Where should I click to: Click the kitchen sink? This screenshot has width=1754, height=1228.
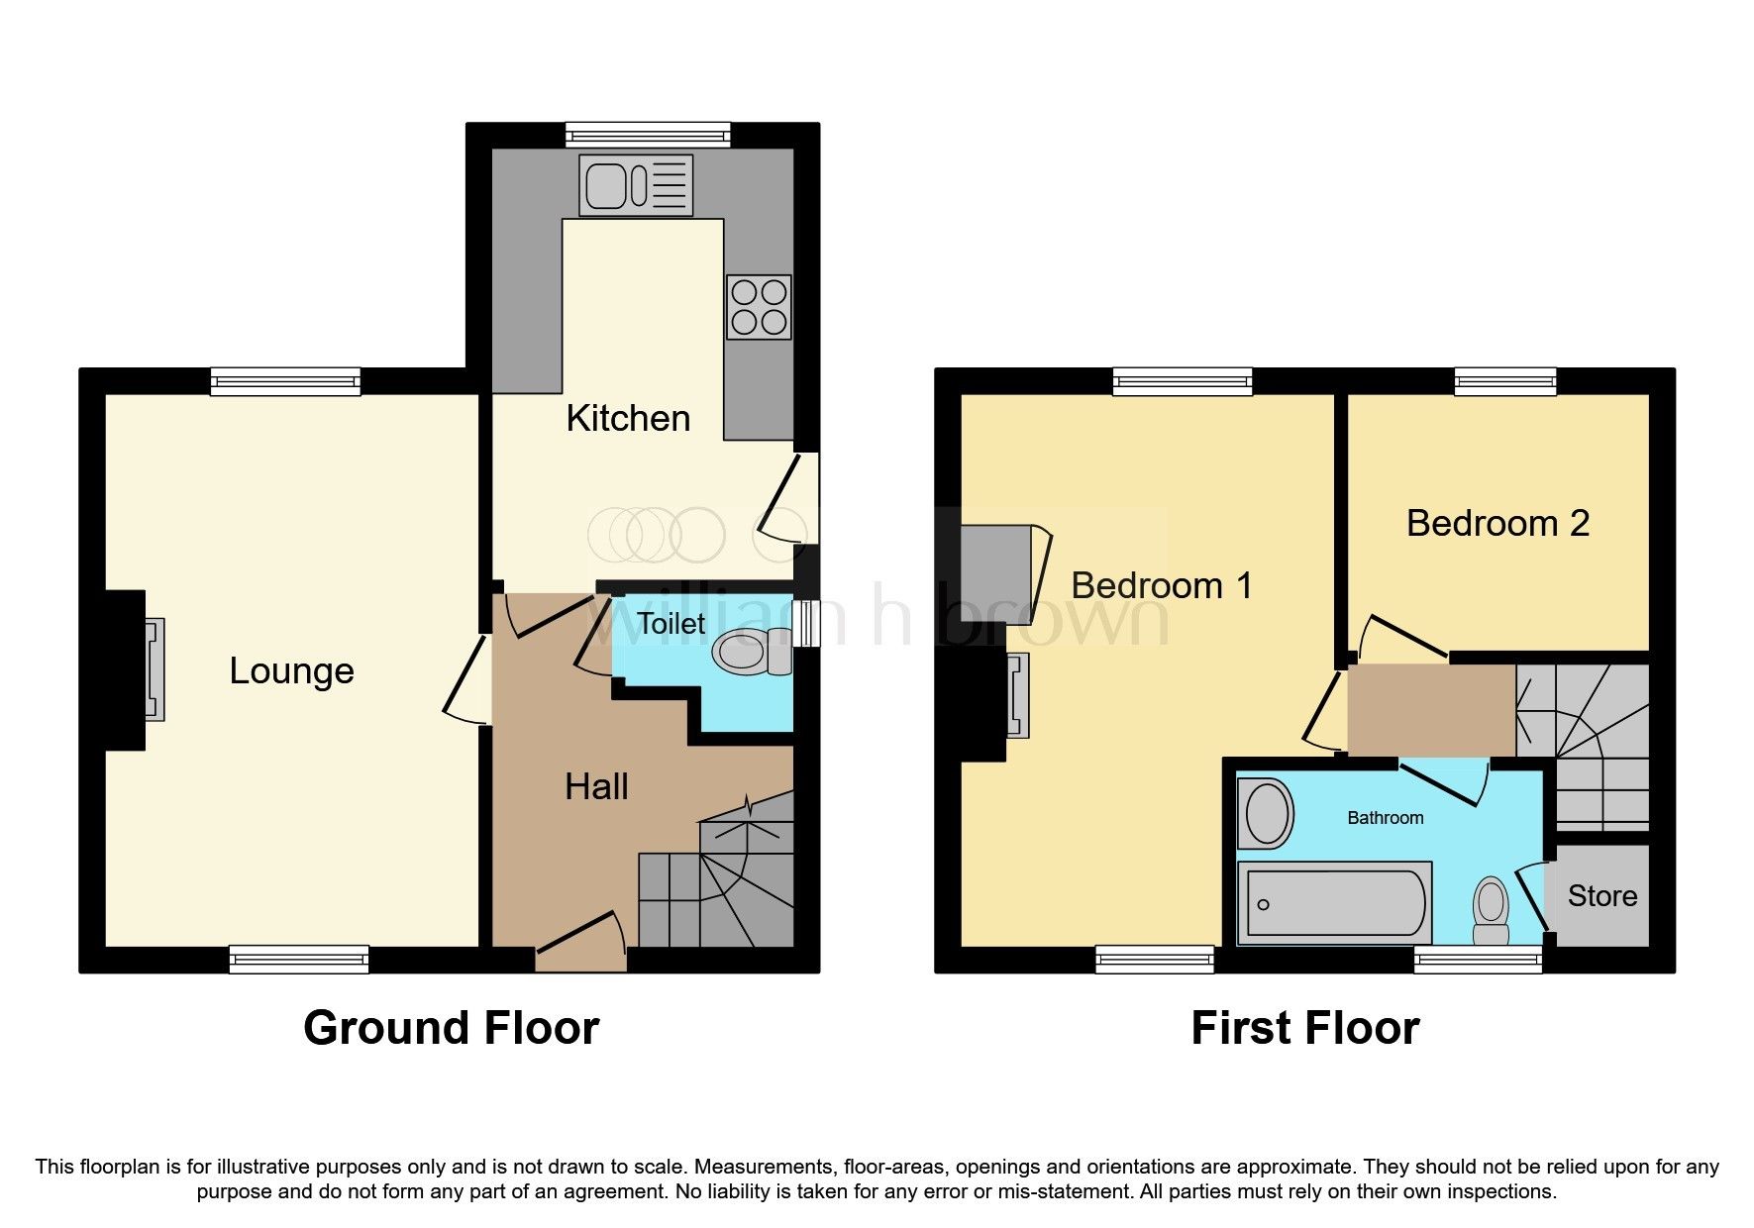point(638,185)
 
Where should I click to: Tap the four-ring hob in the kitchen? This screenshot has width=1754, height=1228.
point(759,307)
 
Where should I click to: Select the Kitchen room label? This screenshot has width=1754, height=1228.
point(628,418)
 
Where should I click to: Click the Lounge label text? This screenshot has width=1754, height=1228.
point(291,670)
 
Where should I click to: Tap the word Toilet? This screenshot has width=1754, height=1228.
point(671,623)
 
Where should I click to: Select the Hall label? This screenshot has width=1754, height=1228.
point(596,786)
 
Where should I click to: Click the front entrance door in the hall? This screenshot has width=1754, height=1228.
point(581,935)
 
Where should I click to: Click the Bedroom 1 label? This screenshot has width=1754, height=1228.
point(1161,585)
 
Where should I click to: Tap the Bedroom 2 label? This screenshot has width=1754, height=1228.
point(1497,523)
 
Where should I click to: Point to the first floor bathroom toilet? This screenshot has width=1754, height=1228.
point(1490,911)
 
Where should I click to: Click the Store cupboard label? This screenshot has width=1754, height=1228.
point(1601,895)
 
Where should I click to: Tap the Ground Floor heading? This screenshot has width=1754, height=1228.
point(451,1028)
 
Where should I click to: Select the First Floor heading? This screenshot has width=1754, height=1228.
point(1304,1028)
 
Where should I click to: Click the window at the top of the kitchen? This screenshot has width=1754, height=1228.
point(648,135)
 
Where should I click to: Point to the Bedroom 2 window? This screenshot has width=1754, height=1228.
point(1504,381)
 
